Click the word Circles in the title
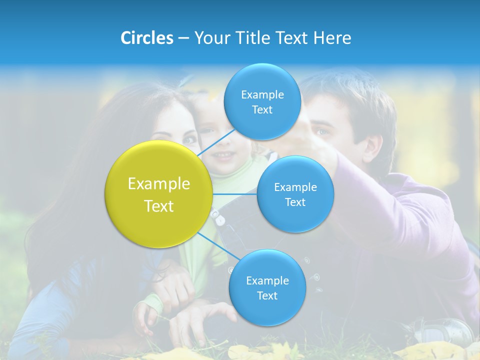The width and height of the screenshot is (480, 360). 146,38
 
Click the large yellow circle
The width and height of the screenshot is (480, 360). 159,194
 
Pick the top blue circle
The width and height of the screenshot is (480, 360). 262,101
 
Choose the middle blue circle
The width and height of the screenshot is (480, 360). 295,194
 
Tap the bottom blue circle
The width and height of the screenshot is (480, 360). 267,287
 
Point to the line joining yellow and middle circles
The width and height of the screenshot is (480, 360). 235,194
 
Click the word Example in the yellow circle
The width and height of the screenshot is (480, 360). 159,184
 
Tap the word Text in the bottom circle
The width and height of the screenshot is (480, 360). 267,295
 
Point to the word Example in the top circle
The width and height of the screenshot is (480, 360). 262,94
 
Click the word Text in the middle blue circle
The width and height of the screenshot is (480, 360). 295,202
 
